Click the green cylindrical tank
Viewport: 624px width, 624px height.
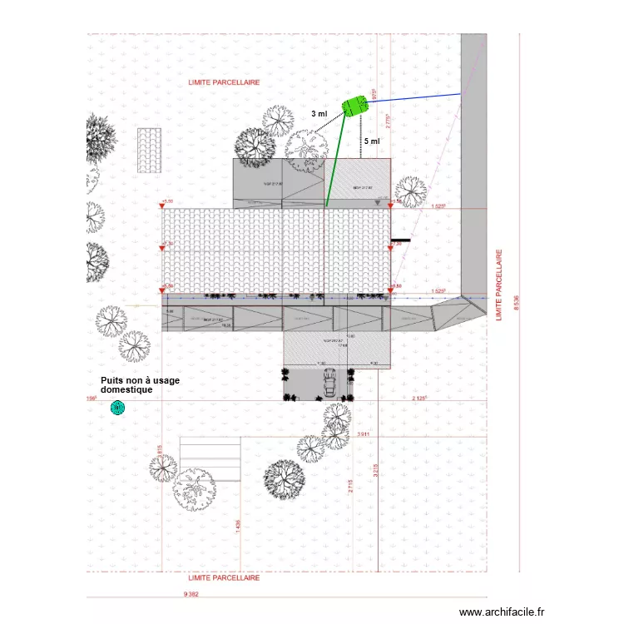354,106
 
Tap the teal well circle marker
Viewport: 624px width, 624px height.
117,408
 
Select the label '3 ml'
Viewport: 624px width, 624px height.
319,114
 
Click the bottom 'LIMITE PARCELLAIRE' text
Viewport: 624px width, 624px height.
224,577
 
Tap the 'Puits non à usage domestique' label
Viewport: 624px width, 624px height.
139,384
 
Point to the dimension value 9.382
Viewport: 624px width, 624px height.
191,594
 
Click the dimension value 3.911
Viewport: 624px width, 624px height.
363,434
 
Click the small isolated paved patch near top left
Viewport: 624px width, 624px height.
149,150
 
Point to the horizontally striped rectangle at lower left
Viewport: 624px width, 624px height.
210,462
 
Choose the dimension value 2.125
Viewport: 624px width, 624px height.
419,399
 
